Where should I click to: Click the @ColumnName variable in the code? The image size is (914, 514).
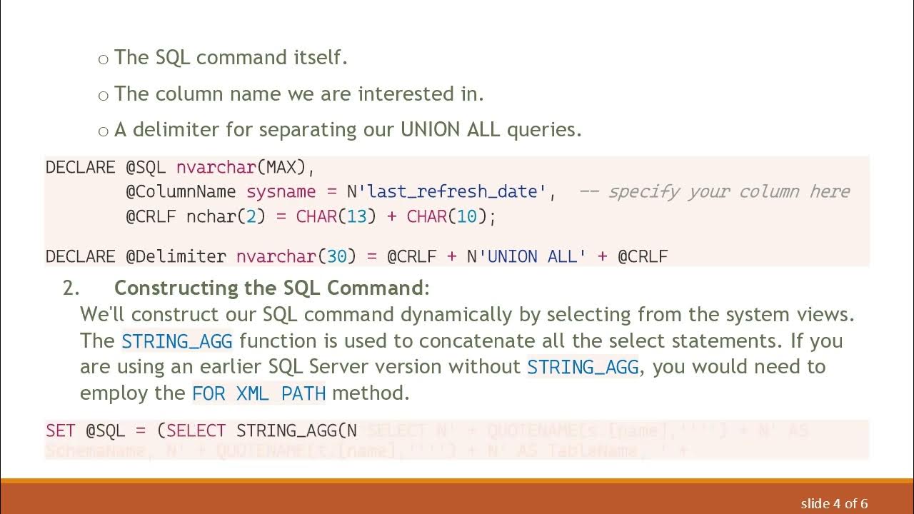click(x=181, y=192)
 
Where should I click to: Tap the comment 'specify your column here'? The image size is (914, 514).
click(x=728, y=192)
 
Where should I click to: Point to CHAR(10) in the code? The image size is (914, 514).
click(x=446, y=217)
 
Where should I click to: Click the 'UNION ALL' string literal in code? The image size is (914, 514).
click(x=532, y=256)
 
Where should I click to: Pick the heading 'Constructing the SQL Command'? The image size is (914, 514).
click(x=268, y=288)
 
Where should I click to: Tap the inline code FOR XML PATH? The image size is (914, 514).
click(x=259, y=393)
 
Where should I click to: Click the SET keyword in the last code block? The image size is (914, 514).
click(x=61, y=430)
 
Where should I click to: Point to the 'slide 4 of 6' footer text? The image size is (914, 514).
click(x=834, y=503)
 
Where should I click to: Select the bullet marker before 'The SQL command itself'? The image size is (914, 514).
click(x=104, y=59)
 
